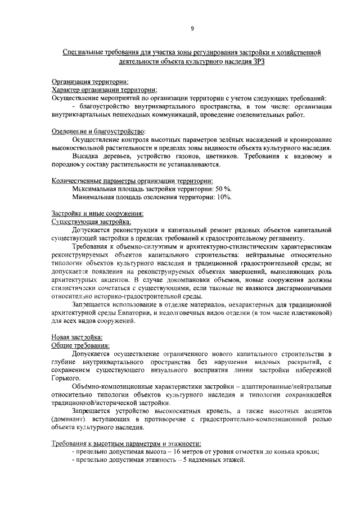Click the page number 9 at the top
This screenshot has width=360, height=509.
192,29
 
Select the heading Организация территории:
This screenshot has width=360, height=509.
90,82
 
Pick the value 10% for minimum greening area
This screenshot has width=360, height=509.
223,197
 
